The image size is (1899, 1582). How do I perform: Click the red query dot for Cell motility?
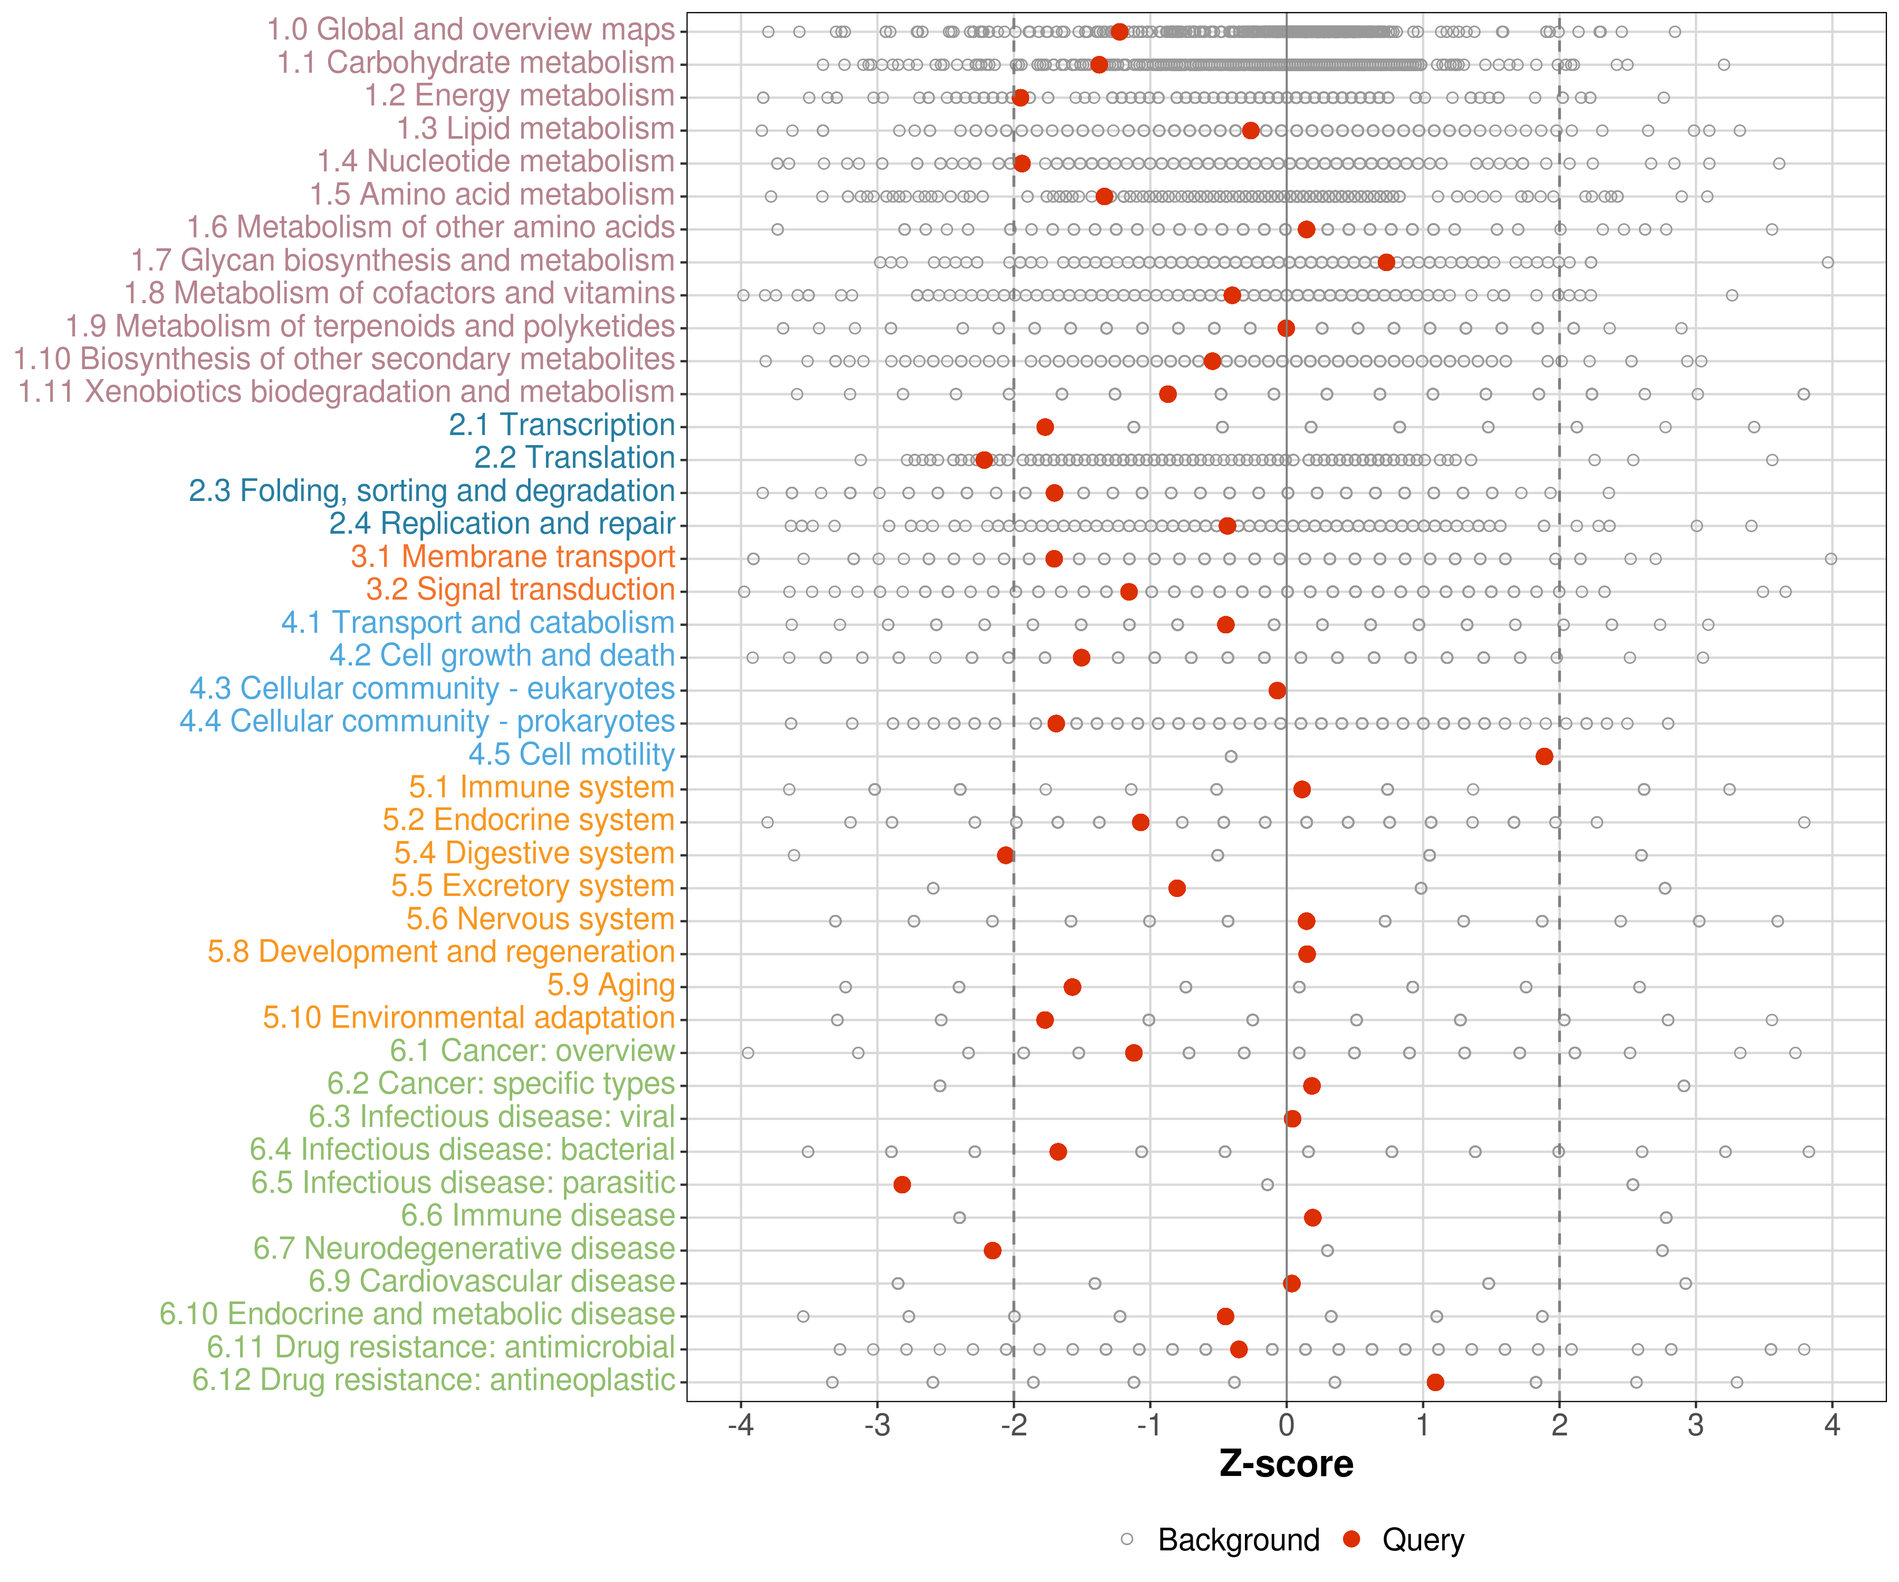tap(1543, 756)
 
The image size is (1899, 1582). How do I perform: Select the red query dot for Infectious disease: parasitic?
tap(901, 1184)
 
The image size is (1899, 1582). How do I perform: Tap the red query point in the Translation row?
tap(984, 460)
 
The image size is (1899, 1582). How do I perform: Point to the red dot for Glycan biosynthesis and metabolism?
tap(1385, 262)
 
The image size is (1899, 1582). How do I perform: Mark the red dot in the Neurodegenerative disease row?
tap(992, 1250)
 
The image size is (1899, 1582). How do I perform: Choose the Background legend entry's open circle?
tap(1127, 1539)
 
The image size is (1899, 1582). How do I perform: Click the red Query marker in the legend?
tap(1351, 1539)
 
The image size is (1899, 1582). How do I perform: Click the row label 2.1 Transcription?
tap(562, 425)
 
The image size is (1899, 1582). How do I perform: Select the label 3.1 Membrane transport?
tap(513, 557)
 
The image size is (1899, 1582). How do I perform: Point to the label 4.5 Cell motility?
tap(571, 755)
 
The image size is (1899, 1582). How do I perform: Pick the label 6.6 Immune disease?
tap(538, 1216)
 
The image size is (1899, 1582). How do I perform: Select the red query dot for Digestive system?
tap(1005, 855)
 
